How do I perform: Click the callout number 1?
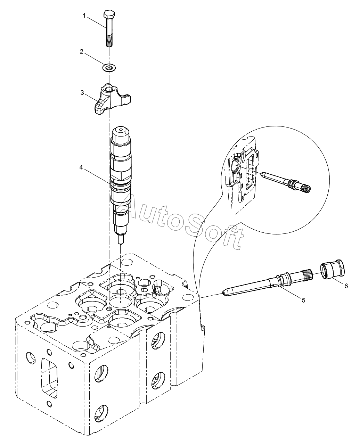click(84, 15)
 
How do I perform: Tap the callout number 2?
click(82, 51)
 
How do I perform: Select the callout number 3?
click(82, 93)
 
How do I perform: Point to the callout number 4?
click(81, 167)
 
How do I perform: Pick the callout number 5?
click(303, 300)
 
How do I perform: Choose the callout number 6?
click(346, 286)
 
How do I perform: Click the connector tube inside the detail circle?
click(285, 181)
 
